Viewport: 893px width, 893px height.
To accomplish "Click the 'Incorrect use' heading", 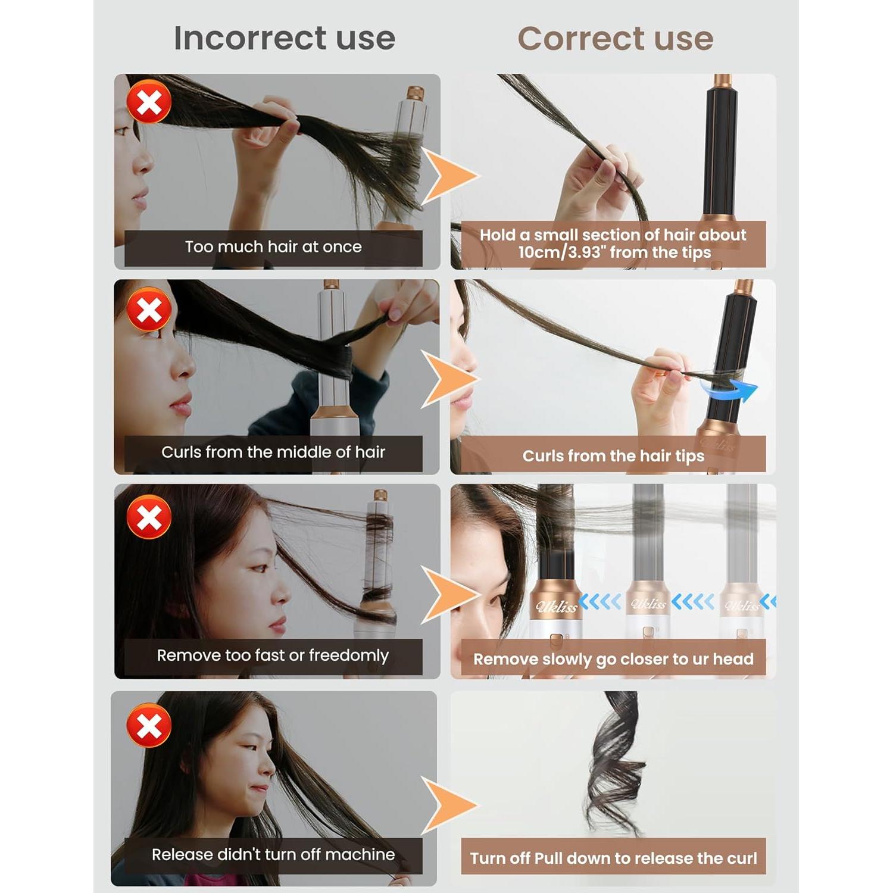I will click(x=285, y=38).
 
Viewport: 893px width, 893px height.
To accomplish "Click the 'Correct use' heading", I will click(x=615, y=39).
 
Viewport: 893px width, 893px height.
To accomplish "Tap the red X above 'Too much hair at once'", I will click(x=149, y=102).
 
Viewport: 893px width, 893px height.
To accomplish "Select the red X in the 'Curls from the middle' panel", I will click(x=149, y=310).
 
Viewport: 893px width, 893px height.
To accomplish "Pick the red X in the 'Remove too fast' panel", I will click(x=149, y=517).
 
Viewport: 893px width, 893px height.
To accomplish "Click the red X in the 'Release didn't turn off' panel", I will click(x=149, y=725).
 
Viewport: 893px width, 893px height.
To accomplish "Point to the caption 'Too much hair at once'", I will click(x=273, y=247).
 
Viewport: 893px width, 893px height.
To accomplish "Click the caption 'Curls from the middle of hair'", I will click(x=273, y=452).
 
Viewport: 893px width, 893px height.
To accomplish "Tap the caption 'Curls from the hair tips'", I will click(x=613, y=456).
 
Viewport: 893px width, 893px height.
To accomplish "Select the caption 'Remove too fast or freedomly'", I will click(x=273, y=655).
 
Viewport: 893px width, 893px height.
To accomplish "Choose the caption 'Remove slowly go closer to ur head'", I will click(x=613, y=659).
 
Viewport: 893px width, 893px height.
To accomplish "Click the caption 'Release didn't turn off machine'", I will click(x=273, y=855).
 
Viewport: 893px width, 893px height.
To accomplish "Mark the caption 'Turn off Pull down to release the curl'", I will click(x=613, y=858).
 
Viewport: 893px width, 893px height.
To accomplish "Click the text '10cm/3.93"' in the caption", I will click(x=560, y=252).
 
